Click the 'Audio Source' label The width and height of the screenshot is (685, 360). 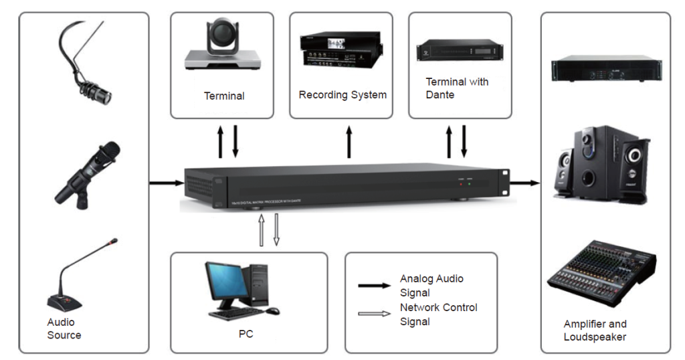[x=64, y=329]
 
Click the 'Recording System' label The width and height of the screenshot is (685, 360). [x=342, y=95]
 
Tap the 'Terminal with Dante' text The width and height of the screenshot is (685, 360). [x=457, y=88]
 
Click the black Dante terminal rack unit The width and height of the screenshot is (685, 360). [x=460, y=51]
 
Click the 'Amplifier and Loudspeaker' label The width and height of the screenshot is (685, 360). [x=595, y=331]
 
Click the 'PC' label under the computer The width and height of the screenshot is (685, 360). [x=246, y=333]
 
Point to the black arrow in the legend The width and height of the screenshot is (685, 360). [x=375, y=286]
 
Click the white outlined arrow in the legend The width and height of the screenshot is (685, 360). [x=375, y=314]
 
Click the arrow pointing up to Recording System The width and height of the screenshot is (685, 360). [x=349, y=141]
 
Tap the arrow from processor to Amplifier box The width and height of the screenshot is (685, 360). [x=525, y=181]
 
